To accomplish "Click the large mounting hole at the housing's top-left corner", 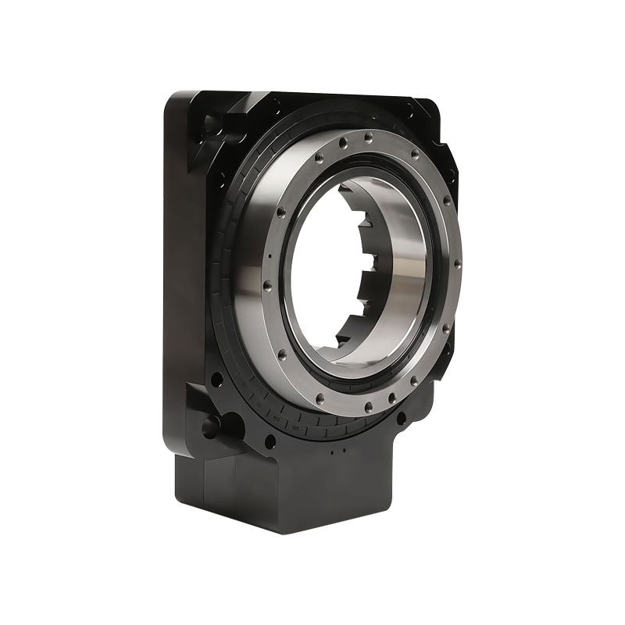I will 212,123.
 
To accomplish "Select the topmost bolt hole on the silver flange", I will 368,137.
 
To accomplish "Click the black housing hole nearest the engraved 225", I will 270,442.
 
